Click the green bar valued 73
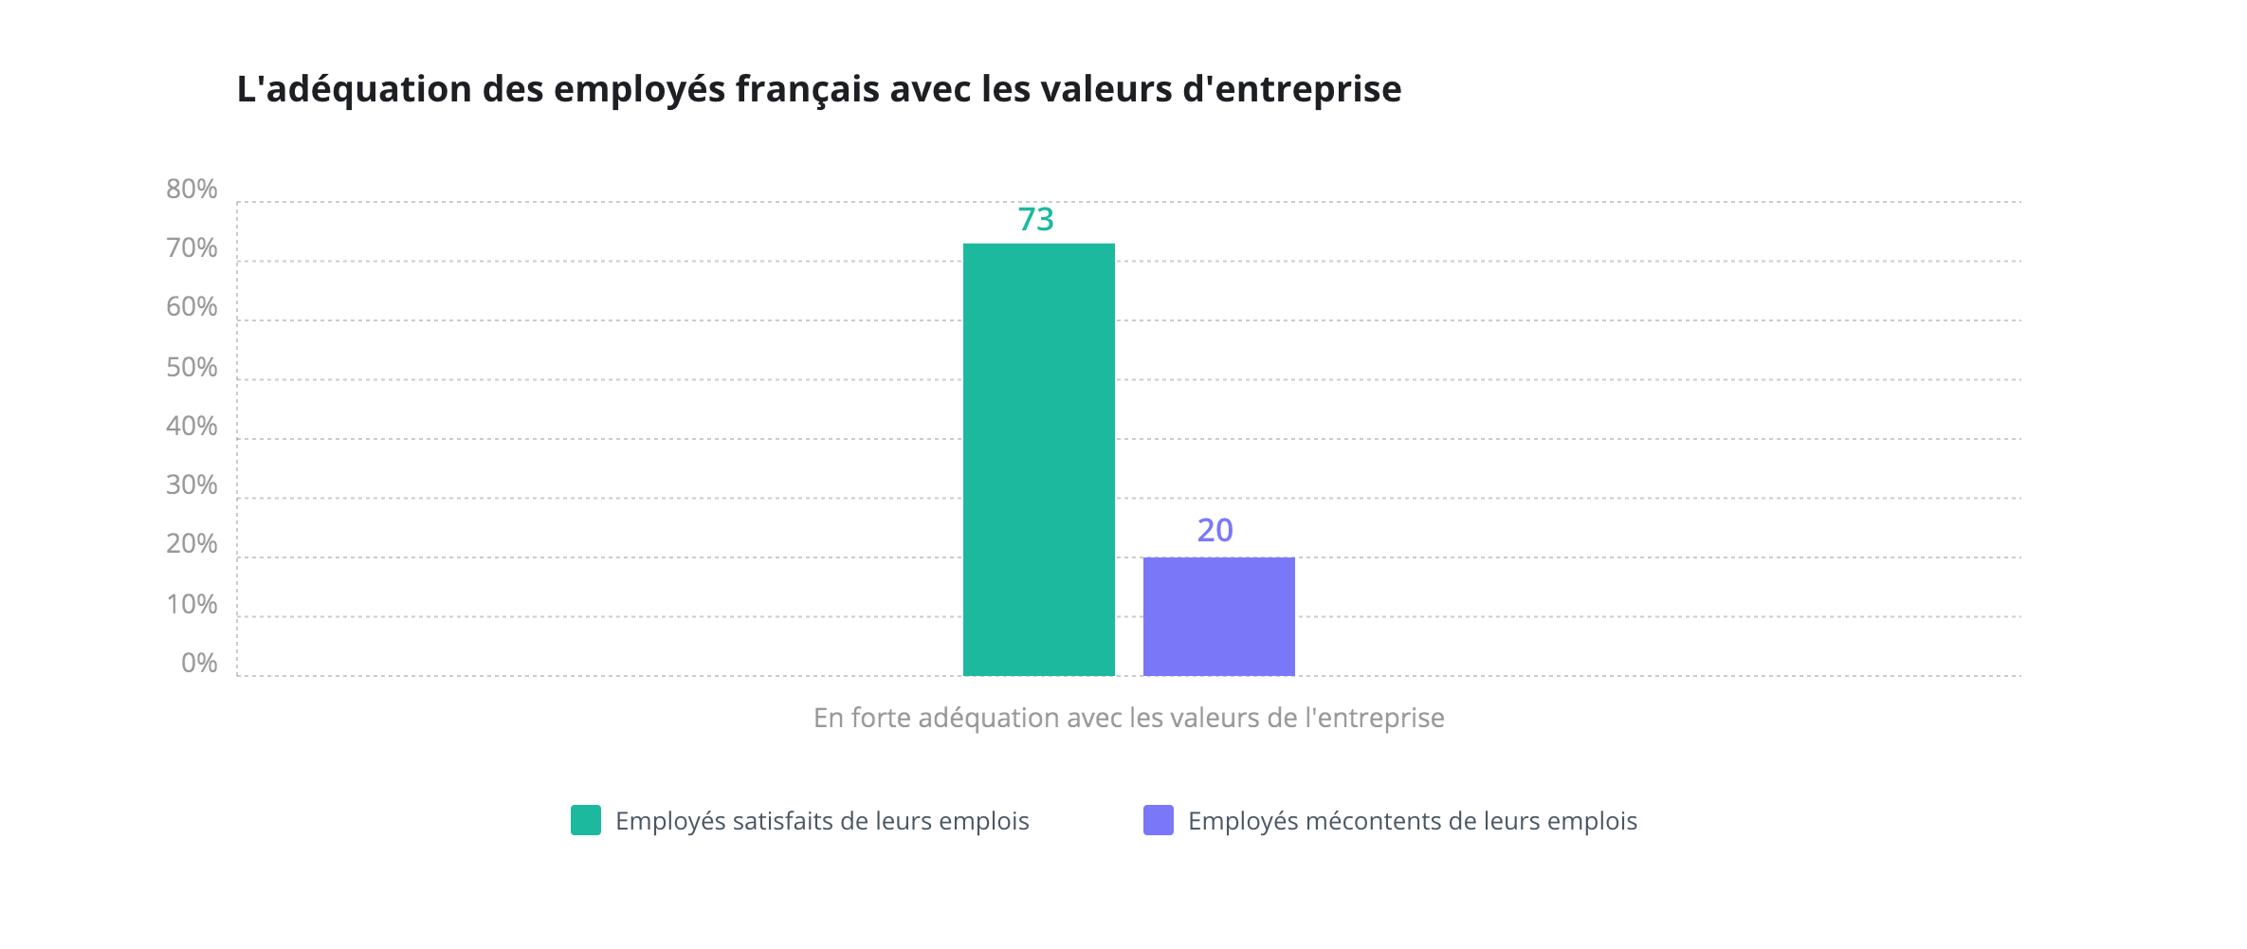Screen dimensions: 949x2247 1038,460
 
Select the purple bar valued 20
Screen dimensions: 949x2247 1218,616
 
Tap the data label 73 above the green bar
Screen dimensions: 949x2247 1035,220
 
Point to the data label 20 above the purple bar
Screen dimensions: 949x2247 1215,531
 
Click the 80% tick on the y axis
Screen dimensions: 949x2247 192,190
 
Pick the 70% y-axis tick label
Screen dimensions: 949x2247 192,248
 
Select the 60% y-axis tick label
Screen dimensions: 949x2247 192,307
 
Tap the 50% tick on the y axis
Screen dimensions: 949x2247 192,368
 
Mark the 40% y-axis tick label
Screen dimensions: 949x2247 192,427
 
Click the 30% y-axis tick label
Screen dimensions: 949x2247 192,485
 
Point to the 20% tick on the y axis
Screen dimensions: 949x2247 192,544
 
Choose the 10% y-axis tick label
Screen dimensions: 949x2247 192,605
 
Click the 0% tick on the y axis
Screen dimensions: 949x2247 199,664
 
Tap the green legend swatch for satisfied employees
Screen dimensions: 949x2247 586,820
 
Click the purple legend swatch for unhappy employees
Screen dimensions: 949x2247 1158,820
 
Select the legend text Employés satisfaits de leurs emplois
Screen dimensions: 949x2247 822,821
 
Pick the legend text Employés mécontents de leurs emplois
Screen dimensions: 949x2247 1412,821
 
